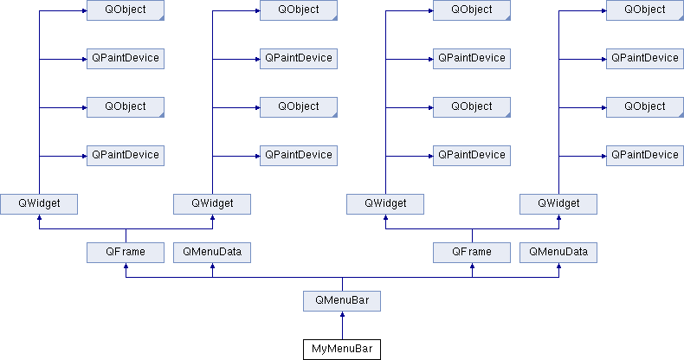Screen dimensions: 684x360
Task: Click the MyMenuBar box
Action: [342, 349]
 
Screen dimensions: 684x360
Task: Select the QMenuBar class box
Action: [342, 301]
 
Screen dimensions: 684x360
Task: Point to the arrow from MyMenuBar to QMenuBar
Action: [342, 325]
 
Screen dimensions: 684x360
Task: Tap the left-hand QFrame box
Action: [126, 253]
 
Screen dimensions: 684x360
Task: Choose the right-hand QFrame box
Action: [472, 253]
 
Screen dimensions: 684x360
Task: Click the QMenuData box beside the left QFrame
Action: [212, 253]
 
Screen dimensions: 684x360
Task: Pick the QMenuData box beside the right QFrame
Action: [558, 253]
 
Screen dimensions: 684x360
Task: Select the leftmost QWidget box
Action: [39, 204]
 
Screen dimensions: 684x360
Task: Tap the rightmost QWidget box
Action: [558, 204]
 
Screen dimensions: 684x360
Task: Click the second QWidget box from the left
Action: [212, 204]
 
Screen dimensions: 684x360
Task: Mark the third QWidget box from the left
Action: [385, 204]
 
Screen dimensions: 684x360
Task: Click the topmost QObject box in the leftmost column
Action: [126, 10]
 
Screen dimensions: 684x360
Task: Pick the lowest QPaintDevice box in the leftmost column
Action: [126, 156]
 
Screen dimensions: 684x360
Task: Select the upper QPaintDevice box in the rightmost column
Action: [645, 58]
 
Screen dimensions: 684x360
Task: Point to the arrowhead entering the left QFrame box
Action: [126, 266]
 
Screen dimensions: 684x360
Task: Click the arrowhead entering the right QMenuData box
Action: [558, 266]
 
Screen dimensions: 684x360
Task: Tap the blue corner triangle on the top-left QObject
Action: [161, 18]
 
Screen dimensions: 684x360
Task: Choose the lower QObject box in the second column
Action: [299, 107]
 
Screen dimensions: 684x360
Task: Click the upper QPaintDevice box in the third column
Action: [472, 58]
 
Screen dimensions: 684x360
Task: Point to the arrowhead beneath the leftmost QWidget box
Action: [39, 217]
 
